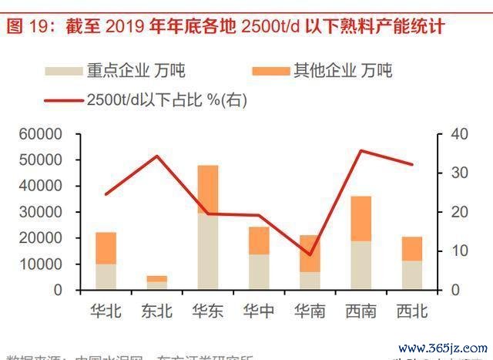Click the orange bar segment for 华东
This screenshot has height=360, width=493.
point(208,189)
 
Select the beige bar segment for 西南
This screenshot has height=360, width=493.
point(361,266)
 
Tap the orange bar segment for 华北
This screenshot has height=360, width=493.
point(106,248)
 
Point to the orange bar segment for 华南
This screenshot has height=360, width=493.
point(310,254)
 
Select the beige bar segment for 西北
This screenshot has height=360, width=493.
point(411,275)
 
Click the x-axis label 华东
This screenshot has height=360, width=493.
point(208,311)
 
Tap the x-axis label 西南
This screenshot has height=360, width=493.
point(361,311)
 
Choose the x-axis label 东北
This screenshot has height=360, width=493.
point(157,311)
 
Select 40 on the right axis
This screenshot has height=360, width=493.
point(459,134)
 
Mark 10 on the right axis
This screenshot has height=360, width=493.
point(459,251)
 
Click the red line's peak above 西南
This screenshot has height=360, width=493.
point(361,150)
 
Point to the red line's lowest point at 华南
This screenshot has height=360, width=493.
point(310,254)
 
